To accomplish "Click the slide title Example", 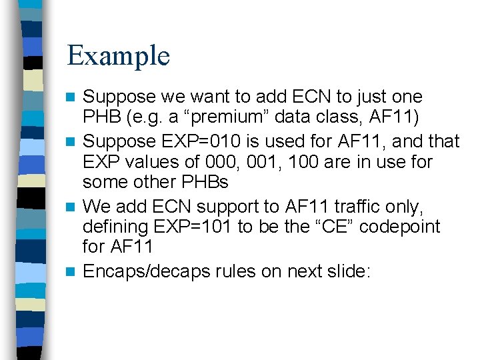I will pos(118,55).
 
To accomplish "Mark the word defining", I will pos(115,227).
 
